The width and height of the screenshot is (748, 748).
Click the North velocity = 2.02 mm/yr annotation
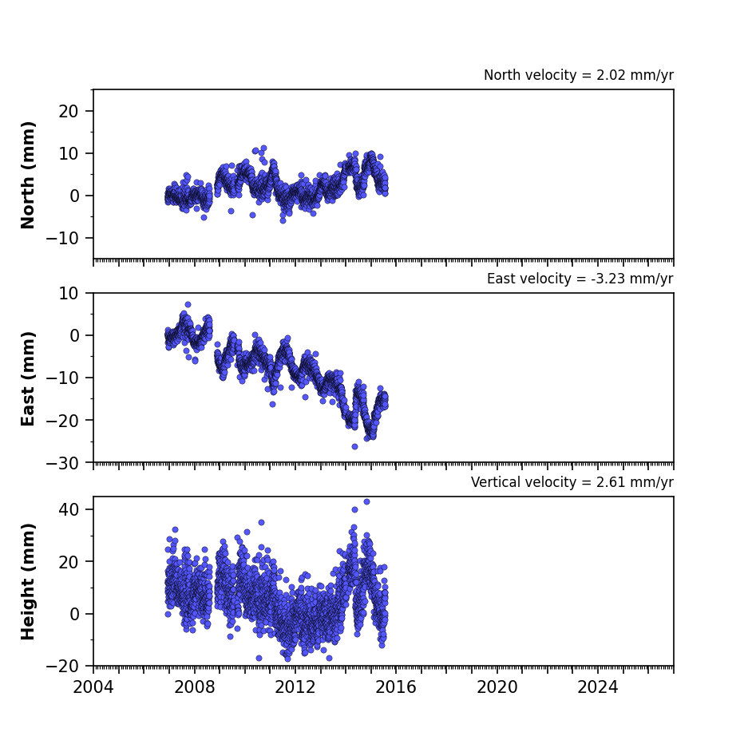579,75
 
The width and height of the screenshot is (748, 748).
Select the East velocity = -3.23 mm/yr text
580,279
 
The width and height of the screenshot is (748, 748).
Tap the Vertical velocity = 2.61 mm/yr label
572,482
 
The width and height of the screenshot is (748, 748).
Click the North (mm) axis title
28,175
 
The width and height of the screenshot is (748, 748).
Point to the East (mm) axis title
28,378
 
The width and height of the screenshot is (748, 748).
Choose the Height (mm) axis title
28,581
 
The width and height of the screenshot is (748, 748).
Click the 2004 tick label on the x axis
93,687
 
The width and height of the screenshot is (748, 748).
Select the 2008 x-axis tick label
195,687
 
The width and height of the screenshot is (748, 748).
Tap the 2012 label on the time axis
295,687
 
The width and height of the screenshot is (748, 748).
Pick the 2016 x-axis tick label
396,687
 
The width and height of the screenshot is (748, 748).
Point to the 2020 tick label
497,687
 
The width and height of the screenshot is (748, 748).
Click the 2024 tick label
598,687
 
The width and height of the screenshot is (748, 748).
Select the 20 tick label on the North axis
69,111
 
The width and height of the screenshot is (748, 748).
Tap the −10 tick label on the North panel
62,238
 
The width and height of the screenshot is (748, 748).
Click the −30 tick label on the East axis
62,463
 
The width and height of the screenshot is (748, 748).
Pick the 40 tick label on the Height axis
69,509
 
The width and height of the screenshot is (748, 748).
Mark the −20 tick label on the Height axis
62,666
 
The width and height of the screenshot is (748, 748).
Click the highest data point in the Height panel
367,502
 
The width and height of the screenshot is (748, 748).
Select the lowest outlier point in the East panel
355,446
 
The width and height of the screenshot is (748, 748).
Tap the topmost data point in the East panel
188,304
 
